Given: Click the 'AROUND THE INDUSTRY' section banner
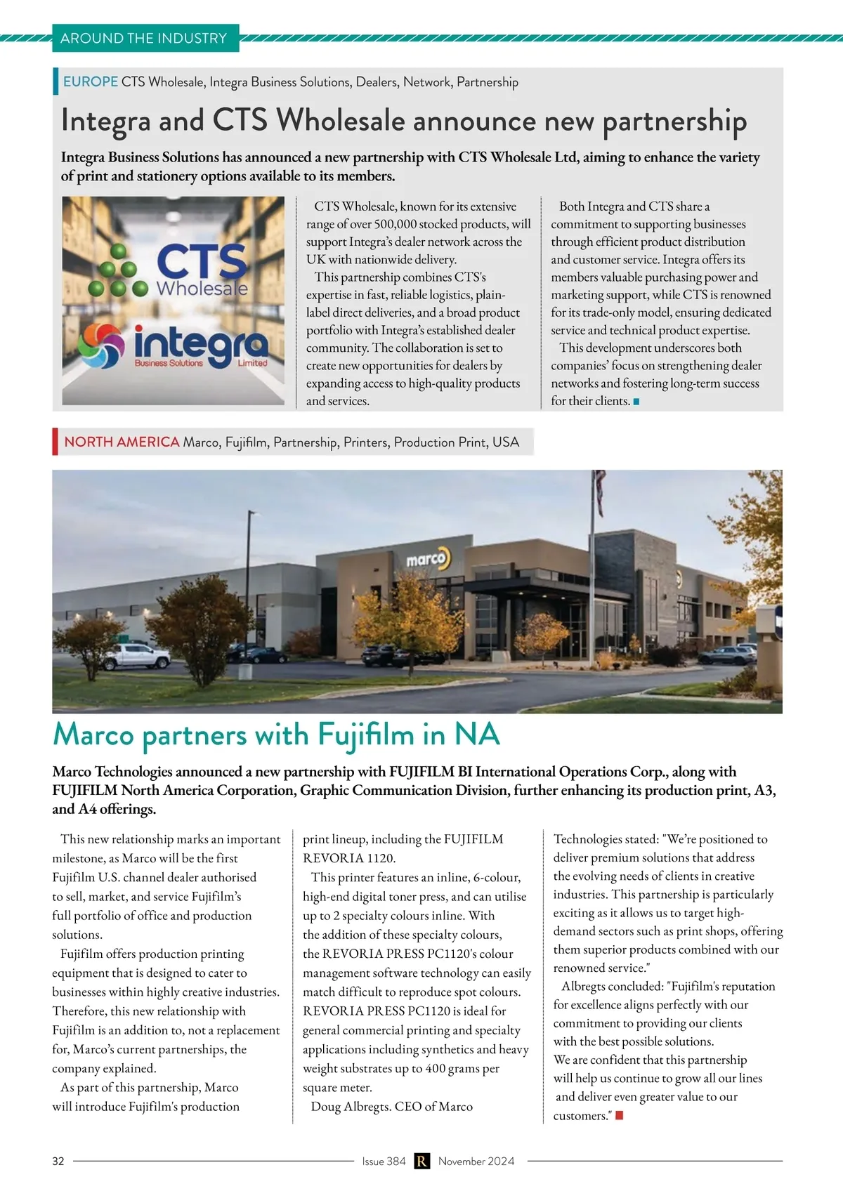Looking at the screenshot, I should pyautogui.click(x=144, y=38).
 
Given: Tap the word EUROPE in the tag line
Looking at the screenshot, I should pyautogui.click(x=91, y=81).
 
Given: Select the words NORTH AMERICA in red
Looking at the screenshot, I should pyautogui.click(x=122, y=442).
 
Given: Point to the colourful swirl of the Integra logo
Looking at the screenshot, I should pyautogui.click(x=101, y=345).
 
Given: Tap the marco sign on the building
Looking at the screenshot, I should pyautogui.click(x=427, y=558).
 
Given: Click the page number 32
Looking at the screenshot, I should pyautogui.click(x=58, y=1161).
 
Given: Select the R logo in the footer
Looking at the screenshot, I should pyautogui.click(x=421, y=1161).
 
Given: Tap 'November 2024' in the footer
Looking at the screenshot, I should pyautogui.click(x=476, y=1161).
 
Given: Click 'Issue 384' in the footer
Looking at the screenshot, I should pyautogui.click(x=384, y=1161).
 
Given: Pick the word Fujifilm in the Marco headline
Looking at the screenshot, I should pyautogui.click(x=366, y=735).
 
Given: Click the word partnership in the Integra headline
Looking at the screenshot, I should pyautogui.click(x=674, y=121).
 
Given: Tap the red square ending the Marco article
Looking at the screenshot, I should pyautogui.click(x=620, y=1115).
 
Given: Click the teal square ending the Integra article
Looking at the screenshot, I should pyautogui.click(x=636, y=402).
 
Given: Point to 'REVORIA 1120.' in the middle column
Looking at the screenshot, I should pyautogui.click(x=349, y=857).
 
